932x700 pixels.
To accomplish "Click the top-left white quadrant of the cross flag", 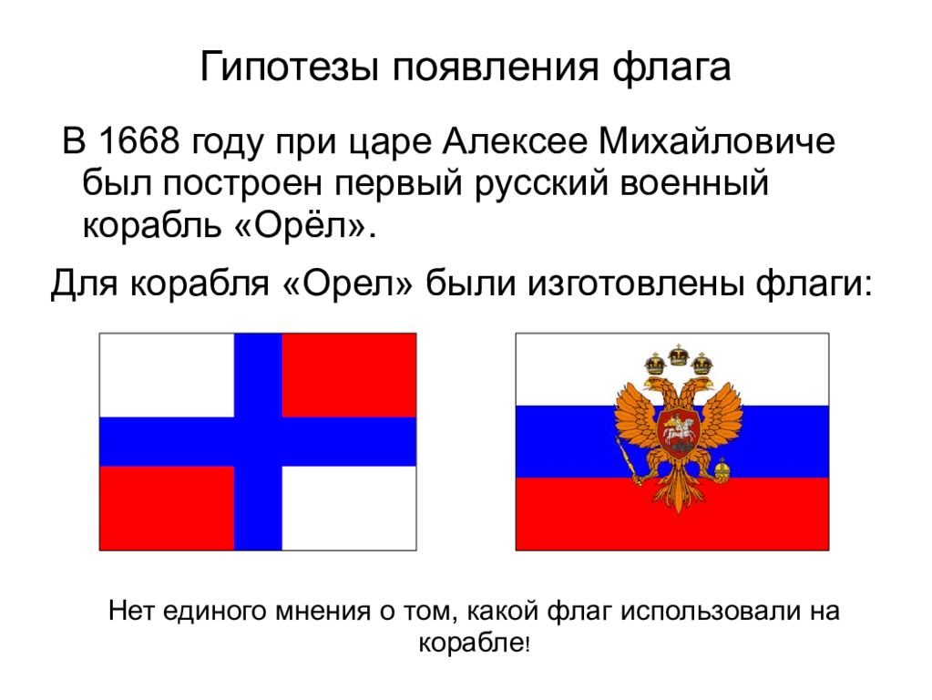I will (x=166, y=375).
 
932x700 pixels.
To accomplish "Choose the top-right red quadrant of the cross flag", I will (x=349, y=375).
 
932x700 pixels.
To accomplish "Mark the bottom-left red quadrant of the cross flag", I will (x=166, y=508).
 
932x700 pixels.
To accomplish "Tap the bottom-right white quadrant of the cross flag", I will (x=349, y=508).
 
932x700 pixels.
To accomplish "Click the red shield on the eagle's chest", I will (x=674, y=429).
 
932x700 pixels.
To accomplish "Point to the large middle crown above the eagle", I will (x=675, y=355).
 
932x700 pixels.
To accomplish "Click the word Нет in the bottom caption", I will (x=131, y=611).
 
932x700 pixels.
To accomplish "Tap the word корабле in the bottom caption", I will (x=471, y=643).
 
